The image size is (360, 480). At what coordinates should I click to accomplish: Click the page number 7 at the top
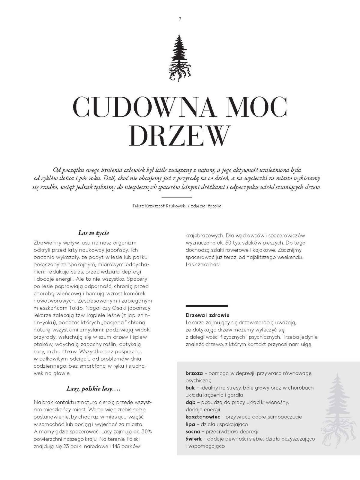click(x=180, y=19)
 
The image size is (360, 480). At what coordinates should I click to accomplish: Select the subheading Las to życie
click(x=94, y=233)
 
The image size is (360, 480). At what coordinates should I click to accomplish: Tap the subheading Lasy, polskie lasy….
click(x=93, y=389)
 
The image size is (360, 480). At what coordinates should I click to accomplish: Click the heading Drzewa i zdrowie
click(x=208, y=315)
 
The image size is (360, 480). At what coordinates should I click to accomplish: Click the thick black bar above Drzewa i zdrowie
click(x=206, y=306)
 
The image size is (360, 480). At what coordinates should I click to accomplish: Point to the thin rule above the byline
click(x=177, y=197)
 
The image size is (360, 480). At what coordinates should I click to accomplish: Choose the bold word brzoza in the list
click(x=194, y=373)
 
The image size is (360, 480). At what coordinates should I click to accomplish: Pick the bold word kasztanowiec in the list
click(x=203, y=417)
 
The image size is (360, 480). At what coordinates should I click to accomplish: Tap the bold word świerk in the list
click(x=193, y=439)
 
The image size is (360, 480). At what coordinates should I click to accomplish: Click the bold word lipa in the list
click(x=190, y=424)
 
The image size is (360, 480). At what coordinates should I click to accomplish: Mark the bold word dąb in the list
click(x=190, y=402)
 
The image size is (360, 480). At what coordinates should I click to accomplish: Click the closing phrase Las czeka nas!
click(x=202, y=265)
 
